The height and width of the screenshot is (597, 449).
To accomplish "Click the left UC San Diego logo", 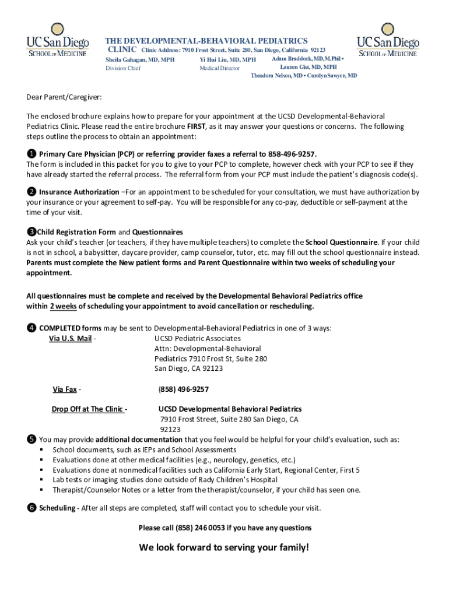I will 57,40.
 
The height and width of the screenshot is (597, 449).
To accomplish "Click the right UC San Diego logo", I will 388,40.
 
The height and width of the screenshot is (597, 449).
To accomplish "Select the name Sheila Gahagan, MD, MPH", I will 139,59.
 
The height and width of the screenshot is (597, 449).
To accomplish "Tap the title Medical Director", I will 219,68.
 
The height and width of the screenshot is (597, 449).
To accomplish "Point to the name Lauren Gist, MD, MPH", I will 308,67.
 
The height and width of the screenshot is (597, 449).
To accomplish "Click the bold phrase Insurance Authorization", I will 79,192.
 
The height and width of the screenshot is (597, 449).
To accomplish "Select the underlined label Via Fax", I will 65,389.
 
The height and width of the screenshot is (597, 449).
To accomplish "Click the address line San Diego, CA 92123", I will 188,368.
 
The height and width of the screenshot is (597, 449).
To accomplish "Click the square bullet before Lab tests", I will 41,480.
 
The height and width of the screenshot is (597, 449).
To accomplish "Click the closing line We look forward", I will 224,547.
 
